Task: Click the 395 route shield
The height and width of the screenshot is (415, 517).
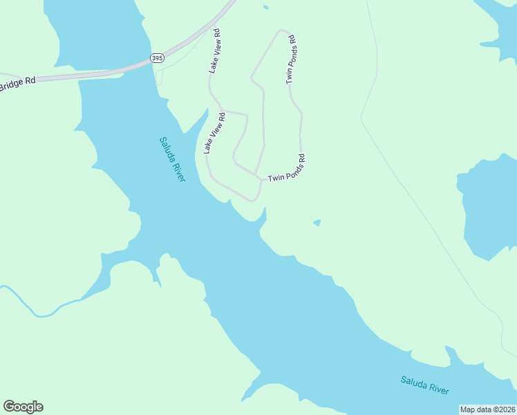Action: [157, 59]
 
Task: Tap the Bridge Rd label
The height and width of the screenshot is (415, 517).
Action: [17, 82]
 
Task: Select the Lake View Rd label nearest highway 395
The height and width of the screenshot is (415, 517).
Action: [216, 51]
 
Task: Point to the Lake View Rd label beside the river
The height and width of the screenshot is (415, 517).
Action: [214, 133]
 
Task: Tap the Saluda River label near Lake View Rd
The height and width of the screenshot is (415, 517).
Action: [172, 159]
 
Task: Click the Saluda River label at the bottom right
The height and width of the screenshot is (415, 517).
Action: [424, 385]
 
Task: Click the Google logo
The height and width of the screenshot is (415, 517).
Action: [23, 407]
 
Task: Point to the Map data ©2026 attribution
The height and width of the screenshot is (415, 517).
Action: [487, 409]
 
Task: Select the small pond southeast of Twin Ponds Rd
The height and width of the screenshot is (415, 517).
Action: [317, 223]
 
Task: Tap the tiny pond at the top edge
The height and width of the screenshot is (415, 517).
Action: [265, 8]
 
